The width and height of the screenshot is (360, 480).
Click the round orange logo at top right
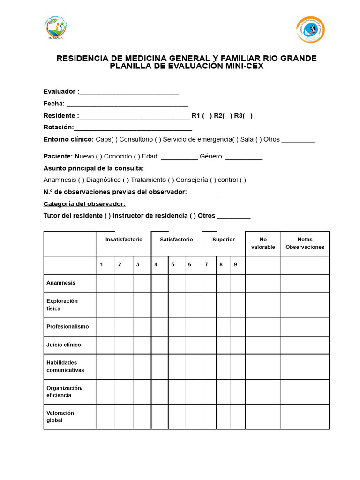(310, 30)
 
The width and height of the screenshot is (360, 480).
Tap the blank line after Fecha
(127, 104)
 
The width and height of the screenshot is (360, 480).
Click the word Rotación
(59, 127)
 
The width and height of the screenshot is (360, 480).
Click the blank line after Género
(244, 157)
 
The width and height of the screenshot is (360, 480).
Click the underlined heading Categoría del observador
(84, 204)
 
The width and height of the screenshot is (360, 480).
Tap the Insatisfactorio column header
(124, 240)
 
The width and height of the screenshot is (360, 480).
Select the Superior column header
(224, 240)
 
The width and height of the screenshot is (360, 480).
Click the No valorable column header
(263, 243)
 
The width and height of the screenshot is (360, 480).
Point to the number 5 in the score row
(172, 265)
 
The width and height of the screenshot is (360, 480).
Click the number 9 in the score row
(235, 265)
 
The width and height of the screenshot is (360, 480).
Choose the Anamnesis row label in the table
(61, 283)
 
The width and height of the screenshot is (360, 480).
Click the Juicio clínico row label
(64, 345)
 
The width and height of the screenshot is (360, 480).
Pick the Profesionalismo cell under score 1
(106, 327)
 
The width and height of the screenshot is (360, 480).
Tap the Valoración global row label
(60, 417)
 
